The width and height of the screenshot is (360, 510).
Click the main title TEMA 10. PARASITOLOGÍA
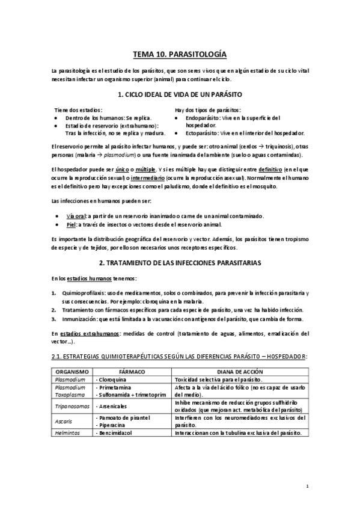coord(180,55)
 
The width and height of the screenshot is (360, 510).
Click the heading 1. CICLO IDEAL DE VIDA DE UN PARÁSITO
coord(180,94)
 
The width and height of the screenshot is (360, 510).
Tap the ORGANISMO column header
coord(72,372)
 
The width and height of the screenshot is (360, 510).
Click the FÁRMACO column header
coord(132,372)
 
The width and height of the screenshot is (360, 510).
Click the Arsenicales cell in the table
coord(112,407)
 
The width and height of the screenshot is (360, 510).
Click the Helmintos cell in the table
coord(66,433)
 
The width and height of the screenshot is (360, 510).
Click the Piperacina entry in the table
coord(113,425)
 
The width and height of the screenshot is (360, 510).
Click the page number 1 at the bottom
coord(307,486)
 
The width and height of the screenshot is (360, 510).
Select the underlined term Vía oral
coord(77,215)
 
